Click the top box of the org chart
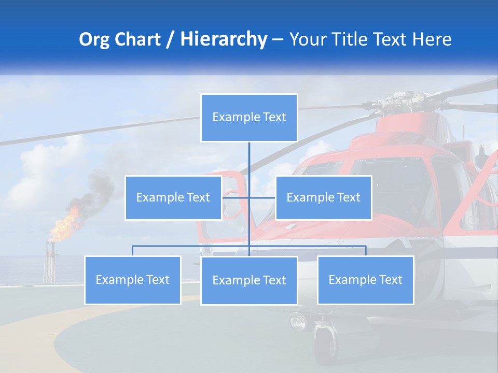(x=249, y=118)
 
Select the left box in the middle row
(x=173, y=197)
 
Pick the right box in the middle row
(x=323, y=197)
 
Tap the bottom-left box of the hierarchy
(x=133, y=280)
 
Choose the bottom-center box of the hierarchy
(x=249, y=280)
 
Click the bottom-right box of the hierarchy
(x=365, y=280)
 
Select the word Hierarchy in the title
(x=224, y=39)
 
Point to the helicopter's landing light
(x=298, y=321)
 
